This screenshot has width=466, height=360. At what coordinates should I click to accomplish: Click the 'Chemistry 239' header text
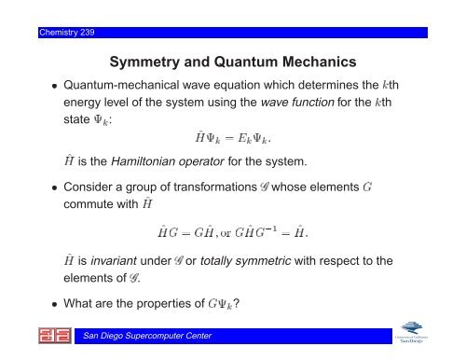tap(67, 33)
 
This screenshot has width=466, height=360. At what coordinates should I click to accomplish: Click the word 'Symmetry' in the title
tap(144, 62)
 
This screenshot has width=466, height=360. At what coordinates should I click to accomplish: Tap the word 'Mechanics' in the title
tap(320, 62)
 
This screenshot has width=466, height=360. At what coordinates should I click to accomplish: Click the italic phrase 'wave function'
tap(297, 102)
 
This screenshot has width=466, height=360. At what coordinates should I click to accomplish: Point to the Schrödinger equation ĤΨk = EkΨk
tap(233, 138)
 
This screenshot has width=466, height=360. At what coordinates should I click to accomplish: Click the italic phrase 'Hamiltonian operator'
tap(168, 161)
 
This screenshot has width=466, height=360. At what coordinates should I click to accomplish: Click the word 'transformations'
tap(215, 187)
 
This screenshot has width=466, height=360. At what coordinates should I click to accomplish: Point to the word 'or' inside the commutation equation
tap(226, 233)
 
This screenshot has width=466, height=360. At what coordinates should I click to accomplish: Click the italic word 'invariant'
tap(114, 260)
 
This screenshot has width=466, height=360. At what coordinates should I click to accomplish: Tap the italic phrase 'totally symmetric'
tap(245, 261)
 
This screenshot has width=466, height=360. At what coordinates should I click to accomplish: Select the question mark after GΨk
tap(236, 303)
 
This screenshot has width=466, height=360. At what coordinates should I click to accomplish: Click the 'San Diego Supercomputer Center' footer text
tap(147, 336)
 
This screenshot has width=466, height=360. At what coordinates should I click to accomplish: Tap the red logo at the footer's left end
tap(55, 336)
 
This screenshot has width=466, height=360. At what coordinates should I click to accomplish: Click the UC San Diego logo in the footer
tap(411, 332)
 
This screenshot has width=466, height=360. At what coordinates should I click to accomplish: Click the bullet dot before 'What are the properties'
tap(55, 304)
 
